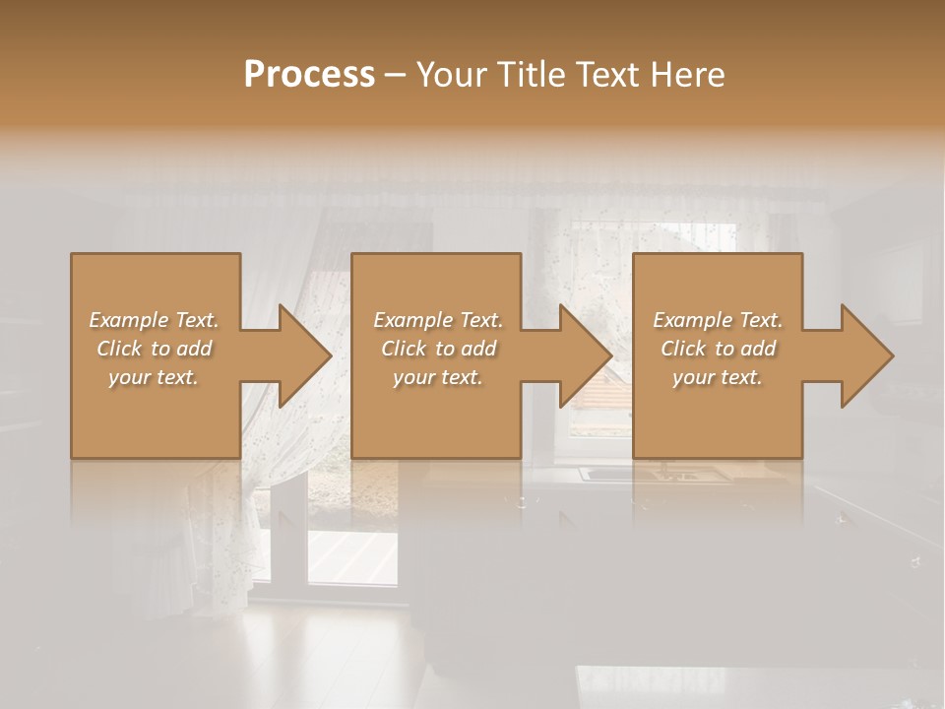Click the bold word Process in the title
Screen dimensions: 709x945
pos(309,75)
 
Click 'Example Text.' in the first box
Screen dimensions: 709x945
pos(154,320)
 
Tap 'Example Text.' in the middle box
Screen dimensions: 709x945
pos(438,320)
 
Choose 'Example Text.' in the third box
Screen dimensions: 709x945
pos(718,320)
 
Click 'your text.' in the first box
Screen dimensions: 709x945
pos(154,377)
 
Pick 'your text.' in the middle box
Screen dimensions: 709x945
pos(438,377)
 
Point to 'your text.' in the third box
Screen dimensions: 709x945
pos(718,377)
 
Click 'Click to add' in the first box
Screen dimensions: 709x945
pos(154,349)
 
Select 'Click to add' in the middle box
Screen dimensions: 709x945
pos(438,349)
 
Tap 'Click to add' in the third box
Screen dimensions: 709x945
pos(718,349)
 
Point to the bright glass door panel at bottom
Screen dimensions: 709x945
pos(351,556)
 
